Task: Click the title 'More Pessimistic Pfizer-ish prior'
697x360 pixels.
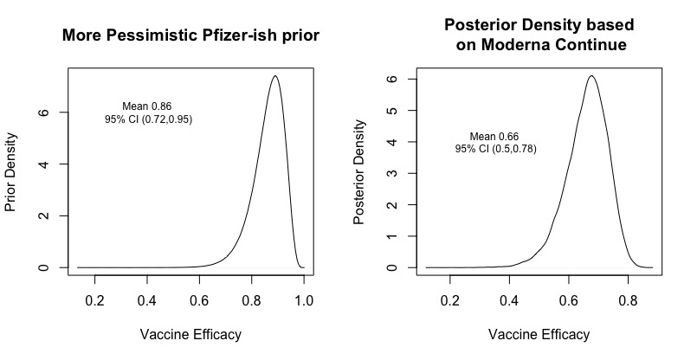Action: click(190, 36)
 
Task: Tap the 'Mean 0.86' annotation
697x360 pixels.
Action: click(147, 106)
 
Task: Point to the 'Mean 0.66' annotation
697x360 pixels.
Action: click(494, 137)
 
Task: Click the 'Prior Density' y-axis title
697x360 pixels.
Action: click(11, 172)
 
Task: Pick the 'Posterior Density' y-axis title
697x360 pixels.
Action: click(359, 172)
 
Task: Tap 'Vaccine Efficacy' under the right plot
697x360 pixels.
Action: click(539, 334)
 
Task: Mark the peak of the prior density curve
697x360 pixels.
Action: click(274, 76)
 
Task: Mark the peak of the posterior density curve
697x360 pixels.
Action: click(591, 76)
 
